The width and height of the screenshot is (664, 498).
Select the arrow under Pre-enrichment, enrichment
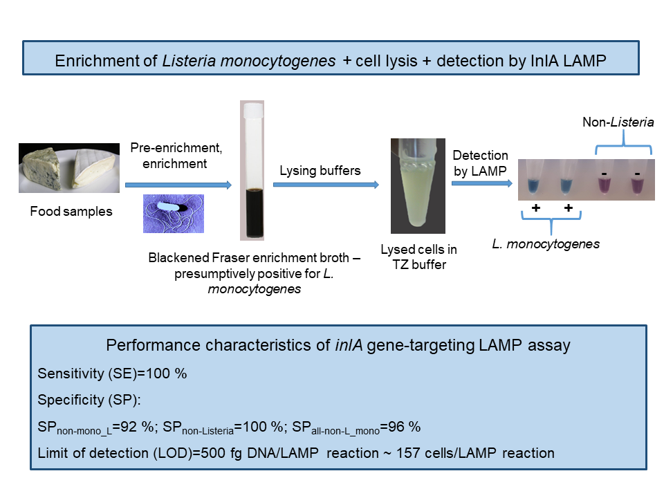point(178,185)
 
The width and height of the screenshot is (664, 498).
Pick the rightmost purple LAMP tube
point(638,184)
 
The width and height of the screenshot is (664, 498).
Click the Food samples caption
point(71,212)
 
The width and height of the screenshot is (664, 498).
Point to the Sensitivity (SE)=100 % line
point(112,374)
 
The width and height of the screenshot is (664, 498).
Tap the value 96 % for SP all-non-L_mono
point(405,427)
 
